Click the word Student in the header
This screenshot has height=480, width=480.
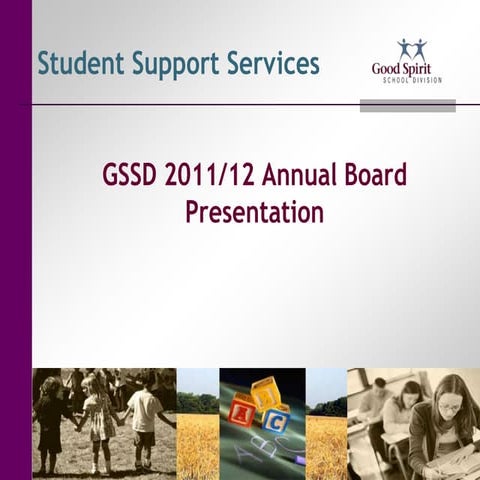pyautogui.click(x=80, y=64)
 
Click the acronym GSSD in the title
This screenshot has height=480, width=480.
pyautogui.click(x=130, y=175)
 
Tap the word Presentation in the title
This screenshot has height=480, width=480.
pyautogui.click(x=254, y=212)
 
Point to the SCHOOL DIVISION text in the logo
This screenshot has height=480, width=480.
pyautogui.click(x=411, y=81)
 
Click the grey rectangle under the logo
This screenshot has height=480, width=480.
pyautogui.click(x=407, y=105)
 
